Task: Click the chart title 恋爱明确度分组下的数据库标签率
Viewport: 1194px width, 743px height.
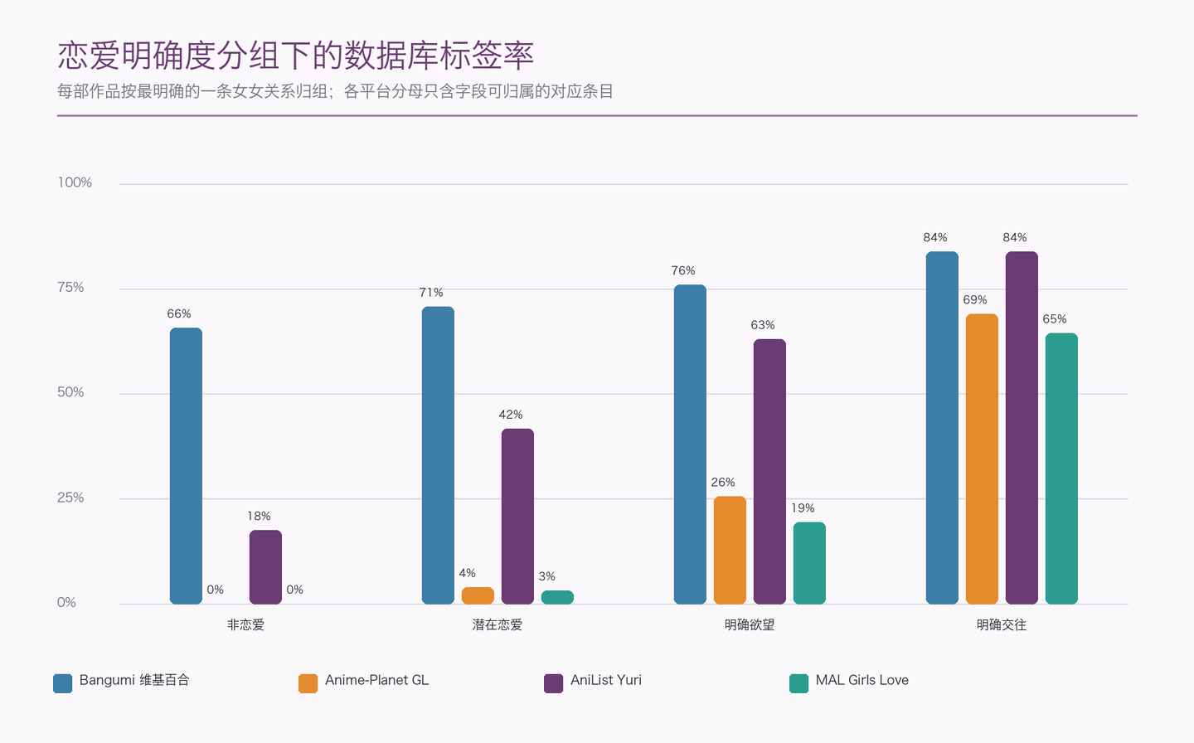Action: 295,56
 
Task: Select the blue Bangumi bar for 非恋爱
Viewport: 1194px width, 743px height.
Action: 186,466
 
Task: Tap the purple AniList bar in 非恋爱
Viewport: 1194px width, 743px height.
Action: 265,567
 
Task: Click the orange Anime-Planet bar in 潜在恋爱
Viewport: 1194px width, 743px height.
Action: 478,596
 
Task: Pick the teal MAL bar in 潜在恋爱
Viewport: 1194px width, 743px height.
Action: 557,598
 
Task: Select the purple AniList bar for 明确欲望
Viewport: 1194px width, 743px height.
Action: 769,472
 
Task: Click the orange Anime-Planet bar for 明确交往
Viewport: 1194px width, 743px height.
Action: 982,459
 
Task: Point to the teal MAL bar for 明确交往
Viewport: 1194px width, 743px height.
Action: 1061,469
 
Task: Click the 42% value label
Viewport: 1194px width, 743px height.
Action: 511,415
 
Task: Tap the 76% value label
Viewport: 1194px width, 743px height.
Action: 683,271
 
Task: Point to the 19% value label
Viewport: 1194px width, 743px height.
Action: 803,508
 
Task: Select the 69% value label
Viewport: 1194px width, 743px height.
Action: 975,300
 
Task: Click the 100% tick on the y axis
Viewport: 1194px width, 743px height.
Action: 75,182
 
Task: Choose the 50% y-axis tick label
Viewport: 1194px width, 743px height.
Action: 70,393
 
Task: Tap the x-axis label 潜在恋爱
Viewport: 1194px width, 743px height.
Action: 498,624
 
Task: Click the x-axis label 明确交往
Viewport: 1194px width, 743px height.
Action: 1002,624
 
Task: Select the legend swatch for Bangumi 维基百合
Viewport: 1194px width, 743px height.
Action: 62,683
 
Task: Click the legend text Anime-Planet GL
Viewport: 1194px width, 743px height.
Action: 376,680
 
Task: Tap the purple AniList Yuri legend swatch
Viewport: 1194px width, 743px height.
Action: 553,683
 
